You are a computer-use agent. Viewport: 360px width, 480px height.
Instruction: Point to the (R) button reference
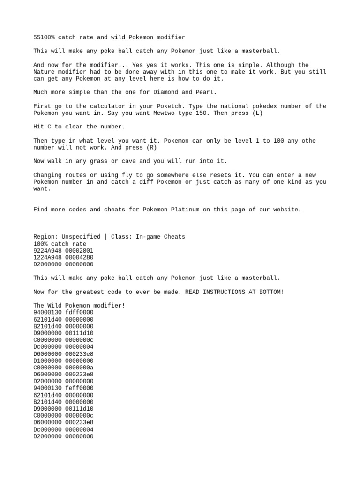click(150, 147)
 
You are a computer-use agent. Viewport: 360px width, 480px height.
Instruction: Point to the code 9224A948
click(47, 250)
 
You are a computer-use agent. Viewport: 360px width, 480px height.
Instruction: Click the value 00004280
click(79, 257)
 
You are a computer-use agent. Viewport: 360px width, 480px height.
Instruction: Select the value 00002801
click(79, 250)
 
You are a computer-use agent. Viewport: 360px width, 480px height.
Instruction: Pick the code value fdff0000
click(79, 312)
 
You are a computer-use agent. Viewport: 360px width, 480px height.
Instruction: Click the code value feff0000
click(79, 388)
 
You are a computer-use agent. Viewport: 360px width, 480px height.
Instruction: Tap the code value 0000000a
click(79, 367)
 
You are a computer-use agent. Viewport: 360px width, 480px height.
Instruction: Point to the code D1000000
click(47, 360)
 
